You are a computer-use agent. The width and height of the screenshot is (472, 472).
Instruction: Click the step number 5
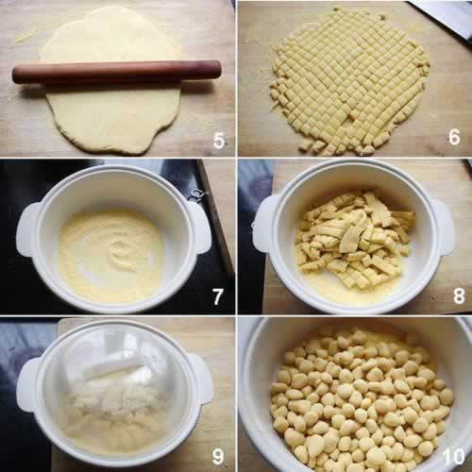tap(219, 141)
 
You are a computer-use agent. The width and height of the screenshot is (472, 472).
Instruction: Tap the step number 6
tap(454, 137)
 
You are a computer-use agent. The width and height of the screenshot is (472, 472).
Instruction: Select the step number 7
tap(217, 296)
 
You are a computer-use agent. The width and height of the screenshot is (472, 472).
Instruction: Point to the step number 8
tap(459, 295)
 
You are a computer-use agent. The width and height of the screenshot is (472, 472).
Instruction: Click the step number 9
tap(218, 456)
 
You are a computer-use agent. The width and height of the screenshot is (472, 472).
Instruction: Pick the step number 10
tap(453, 456)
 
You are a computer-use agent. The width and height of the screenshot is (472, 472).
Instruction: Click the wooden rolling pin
tap(117, 72)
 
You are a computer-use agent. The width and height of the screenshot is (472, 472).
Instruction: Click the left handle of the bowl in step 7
tap(27, 229)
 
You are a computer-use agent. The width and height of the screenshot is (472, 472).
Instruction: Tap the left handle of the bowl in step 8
tap(263, 224)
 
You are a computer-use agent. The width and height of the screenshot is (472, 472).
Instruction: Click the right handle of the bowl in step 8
tap(443, 228)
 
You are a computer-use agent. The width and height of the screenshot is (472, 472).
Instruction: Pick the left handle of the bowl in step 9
tap(27, 384)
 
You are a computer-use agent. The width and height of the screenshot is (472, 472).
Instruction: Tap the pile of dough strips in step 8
tap(354, 239)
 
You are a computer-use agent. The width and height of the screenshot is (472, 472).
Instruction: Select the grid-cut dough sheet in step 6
tap(349, 82)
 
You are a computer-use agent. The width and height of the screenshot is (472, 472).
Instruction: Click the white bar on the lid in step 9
tap(115, 368)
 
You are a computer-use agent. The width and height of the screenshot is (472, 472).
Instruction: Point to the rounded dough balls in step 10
tap(362, 399)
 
